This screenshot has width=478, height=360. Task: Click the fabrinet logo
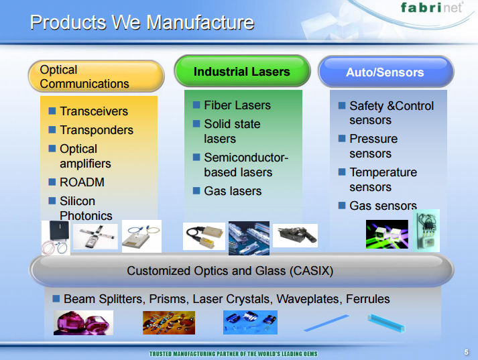click(432, 7)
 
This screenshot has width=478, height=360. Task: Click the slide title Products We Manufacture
click(142, 22)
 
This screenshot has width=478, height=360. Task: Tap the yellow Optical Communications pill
click(97, 76)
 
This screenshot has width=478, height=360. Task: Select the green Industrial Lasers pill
click(242, 71)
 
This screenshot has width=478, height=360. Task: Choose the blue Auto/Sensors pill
click(386, 72)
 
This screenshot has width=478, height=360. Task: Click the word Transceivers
click(94, 111)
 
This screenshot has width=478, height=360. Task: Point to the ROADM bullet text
click(82, 182)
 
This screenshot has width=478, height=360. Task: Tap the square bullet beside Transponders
click(52, 129)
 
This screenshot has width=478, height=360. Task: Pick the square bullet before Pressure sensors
click(342, 139)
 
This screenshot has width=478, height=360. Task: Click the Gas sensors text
click(383, 205)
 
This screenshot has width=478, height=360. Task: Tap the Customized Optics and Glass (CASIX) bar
click(241, 270)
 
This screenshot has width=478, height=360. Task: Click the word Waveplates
click(308, 299)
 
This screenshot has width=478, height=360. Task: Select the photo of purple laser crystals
click(83, 322)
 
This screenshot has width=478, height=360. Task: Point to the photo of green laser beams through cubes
click(387, 234)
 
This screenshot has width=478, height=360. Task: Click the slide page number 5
click(466, 352)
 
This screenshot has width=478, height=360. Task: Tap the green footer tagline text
click(233, 354)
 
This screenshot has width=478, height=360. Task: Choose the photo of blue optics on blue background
click(250, 322)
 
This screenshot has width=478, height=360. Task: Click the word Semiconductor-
click(246, 158)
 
